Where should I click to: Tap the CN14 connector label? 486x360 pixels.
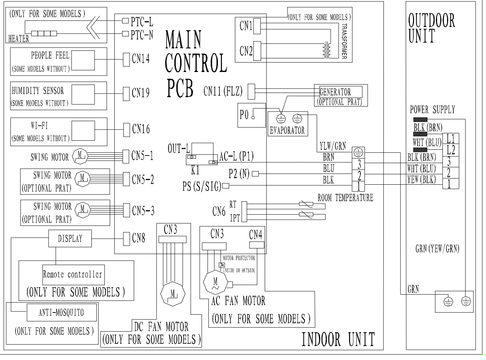(141, 59)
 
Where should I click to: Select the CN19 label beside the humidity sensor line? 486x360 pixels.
(141, 93)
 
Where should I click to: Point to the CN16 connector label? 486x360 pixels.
(141, 129)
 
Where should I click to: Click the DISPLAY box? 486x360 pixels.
(70, 239)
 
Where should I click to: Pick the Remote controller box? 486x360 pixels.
(73, 274)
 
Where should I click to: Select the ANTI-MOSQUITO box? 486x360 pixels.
(62, 312)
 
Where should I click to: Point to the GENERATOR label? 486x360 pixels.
(335, 92)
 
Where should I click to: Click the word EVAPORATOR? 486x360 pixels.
(287, 130)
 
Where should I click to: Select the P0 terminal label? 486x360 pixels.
(244, 115)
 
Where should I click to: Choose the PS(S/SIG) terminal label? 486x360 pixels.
(201, 187)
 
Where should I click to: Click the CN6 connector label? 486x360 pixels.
(219, 211)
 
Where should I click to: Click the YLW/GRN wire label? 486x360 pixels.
(333, 146)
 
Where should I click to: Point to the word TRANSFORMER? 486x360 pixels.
(344, 41)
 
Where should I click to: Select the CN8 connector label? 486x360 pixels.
(138, 238)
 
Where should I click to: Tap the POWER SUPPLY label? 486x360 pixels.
(432, 110)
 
